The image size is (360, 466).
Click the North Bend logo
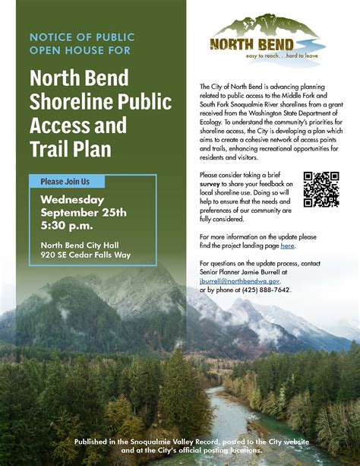[x=263, y=43]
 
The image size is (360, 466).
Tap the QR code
[x=321, y=189]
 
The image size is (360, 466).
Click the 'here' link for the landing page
[x=287, y=246]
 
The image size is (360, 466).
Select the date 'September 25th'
[x=83, y=212]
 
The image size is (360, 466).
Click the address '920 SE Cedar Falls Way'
[x=86, y=255]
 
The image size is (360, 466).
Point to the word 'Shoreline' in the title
[x=68, y=102]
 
